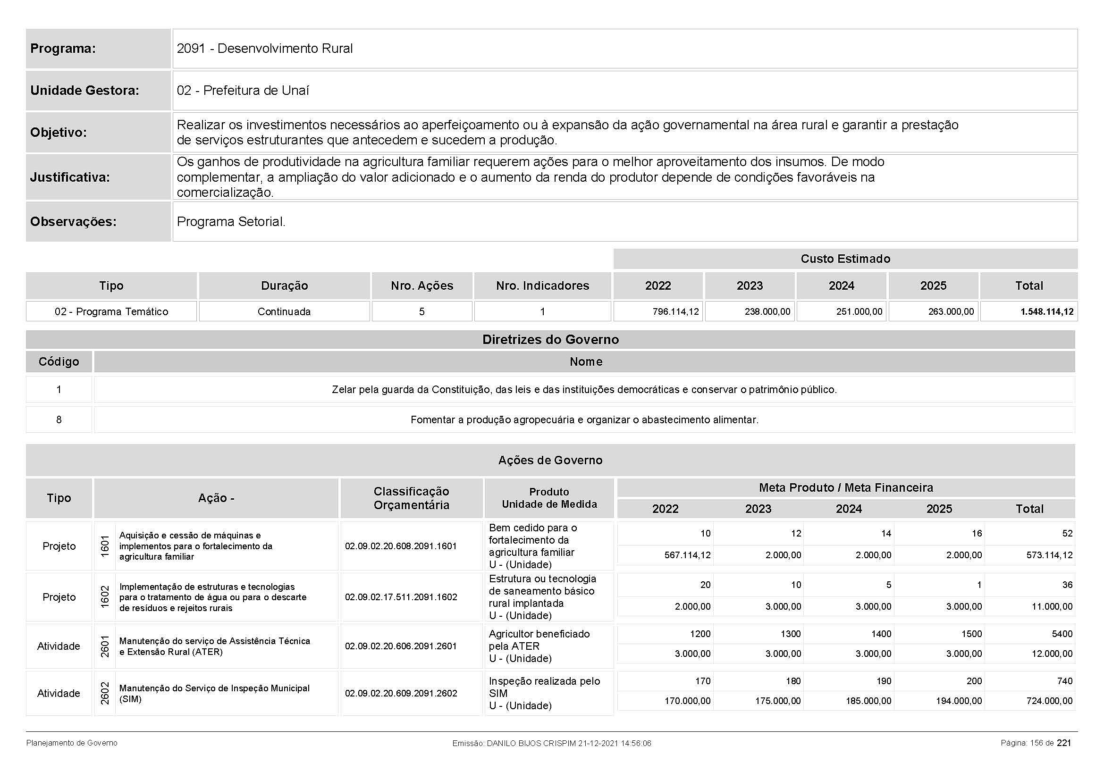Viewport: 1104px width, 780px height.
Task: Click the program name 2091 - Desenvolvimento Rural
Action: click(264, 49)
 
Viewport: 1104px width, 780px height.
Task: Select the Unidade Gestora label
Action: click(84, 90)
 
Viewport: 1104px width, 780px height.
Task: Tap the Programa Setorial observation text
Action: click(231, 222)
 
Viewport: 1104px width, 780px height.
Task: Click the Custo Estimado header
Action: click(845, 259)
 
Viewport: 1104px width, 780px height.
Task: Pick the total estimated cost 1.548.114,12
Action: click(1046, 311)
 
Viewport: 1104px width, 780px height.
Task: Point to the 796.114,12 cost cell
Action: click(675, 311)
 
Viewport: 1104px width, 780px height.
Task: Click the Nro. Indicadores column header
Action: click(542, 286)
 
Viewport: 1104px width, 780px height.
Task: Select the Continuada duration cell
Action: click(284, 311)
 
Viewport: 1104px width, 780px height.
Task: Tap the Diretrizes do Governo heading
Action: click(550, 340)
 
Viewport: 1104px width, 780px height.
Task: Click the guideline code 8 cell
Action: click(59, 419)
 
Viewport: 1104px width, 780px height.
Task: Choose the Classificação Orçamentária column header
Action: click(411, 498)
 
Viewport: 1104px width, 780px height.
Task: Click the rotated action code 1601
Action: click(105, 546)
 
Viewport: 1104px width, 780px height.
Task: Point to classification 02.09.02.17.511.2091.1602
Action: click(401, 597)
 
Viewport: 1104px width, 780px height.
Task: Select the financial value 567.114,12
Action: click(688, 555)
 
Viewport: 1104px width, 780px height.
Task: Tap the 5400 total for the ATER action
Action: click(1062, 634)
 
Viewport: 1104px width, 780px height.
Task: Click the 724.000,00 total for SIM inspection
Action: click(1049, 701)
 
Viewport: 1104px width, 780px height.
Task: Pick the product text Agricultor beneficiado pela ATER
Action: click(539, 640)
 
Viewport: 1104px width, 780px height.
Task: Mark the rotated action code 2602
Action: click(105, 693)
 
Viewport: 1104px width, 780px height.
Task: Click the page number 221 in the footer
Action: click(1063, 743)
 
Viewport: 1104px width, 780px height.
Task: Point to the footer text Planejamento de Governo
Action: click(72, 743)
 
